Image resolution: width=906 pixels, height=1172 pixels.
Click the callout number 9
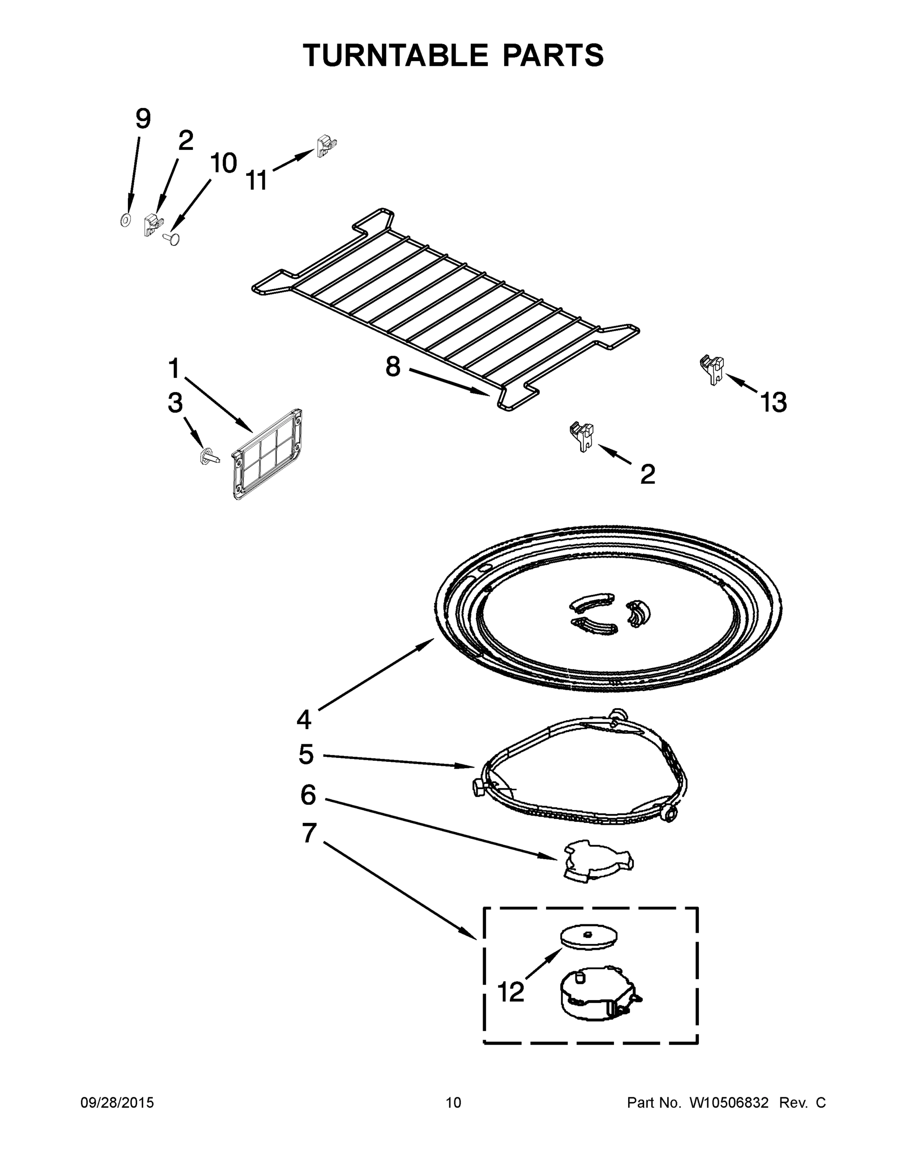click(143, 119)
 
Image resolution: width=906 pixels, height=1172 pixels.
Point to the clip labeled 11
click(325, 146)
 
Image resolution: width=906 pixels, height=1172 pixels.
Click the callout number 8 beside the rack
click(393, 367)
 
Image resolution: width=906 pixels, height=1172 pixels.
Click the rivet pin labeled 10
click(172, 238)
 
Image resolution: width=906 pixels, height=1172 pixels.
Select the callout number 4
click(304, 719)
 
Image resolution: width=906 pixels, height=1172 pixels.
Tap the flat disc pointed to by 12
click(588, 936)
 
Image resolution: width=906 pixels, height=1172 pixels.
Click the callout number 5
click(306, 754)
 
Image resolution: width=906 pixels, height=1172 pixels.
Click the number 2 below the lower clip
click(648, 474)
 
